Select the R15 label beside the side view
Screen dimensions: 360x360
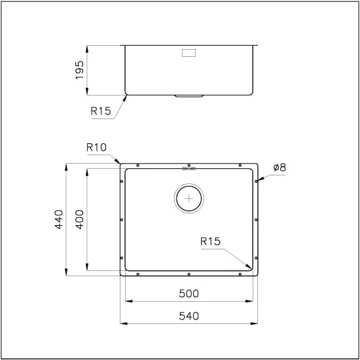(101, 111)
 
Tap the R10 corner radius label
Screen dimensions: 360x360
(96, 148)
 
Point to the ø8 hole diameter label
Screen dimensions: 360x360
(278, 167)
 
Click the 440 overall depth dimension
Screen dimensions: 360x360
(58, 219)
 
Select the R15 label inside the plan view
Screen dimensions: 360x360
(211, 242)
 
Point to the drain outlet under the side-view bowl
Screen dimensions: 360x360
(190, 96)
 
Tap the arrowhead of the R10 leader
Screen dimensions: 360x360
(118, 161)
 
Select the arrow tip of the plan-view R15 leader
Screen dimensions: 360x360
(252, 268)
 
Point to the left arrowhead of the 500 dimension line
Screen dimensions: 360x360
(125, 301)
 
